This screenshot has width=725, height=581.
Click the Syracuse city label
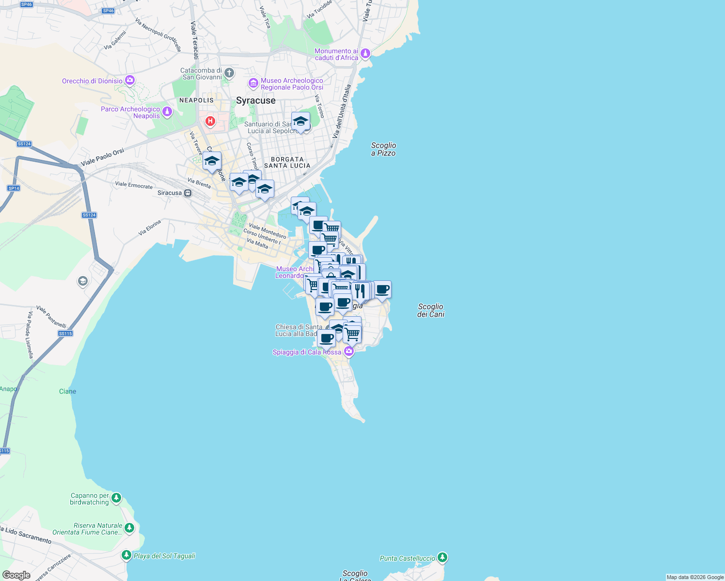click(x=255, y=101)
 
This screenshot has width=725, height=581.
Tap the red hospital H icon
click(x=210, y=121)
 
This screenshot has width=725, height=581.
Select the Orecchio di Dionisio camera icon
click(x=129, y=80)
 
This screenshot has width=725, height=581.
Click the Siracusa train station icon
click(x=188, y=193)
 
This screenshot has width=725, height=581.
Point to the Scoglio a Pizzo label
click(x=383, y=149)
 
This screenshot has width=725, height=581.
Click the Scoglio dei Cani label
click(x=430, y=310)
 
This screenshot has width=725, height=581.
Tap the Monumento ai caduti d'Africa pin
click(x=365, y=53)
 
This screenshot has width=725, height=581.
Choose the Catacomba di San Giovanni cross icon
click(x=229, y=73)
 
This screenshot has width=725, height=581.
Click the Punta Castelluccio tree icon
click(x=442, y=557)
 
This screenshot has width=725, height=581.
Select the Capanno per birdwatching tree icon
click(x=116, y=498)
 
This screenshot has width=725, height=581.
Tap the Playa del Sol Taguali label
click(x=164, y=556)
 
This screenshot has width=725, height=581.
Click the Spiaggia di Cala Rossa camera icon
click(x=348, y=351)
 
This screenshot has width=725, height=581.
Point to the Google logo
click(x=16, y=575)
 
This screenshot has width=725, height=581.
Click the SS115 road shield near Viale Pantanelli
click(x=65, y=333)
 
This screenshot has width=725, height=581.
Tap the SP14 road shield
click(x=14, y=188)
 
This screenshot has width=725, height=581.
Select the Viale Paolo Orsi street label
click(x=102, y=157)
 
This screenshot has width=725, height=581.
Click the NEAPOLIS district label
click(x=196, y=100)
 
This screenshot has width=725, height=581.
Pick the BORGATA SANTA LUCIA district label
click(x=287, y=162)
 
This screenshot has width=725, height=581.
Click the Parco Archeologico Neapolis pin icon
click(x=167, y=112)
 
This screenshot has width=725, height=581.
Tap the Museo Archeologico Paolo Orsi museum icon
click(x=253, y=83)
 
